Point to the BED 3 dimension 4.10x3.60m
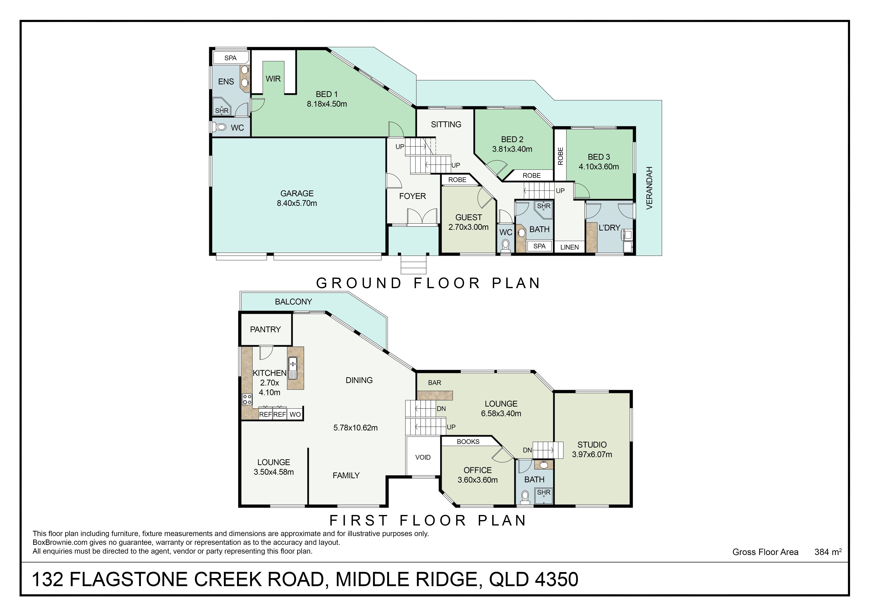(x=599, y=167)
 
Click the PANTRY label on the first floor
(x=265, y=329)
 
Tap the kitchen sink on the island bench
(x=293, y=368)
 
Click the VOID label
(x=423, y=457)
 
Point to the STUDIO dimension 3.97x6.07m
(x=592, y=454)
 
